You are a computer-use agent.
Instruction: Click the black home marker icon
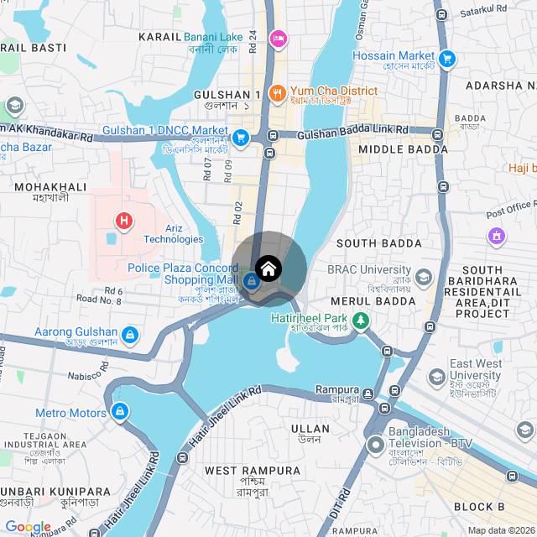268,268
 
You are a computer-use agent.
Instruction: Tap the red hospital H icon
125,222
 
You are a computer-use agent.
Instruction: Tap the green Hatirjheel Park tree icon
360,320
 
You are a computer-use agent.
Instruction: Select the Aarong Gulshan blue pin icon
129,336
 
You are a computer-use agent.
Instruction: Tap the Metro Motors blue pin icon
120,412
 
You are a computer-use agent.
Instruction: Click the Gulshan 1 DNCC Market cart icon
241,138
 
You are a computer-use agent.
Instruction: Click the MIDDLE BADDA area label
403,149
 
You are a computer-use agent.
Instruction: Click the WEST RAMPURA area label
253,471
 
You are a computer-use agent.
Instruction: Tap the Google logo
28,527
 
